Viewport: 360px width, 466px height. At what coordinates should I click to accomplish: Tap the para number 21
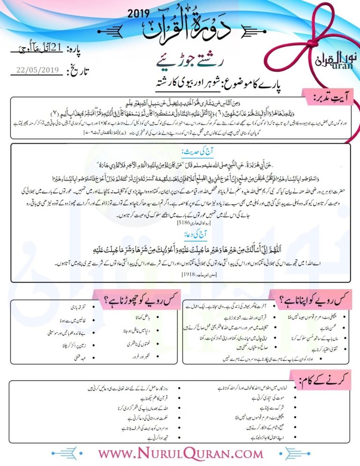click(56, 48)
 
